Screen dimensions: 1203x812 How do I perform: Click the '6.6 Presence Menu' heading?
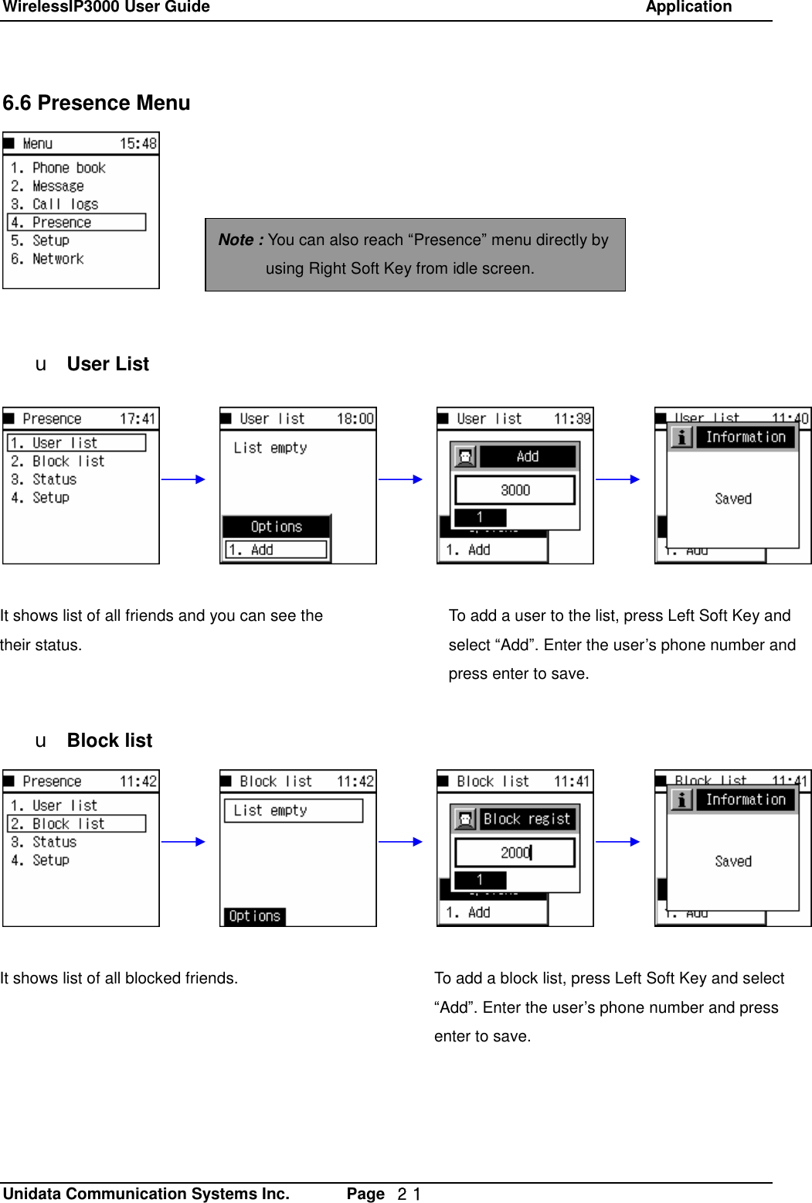pyautogui.click(x=97, y=103)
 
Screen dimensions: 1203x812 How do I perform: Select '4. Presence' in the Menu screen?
pyautogui.click(x=76, y=223)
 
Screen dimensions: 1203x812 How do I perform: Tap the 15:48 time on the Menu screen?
pyautogui.click(x=138, y=144)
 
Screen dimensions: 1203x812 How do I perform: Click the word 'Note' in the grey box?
pyautogui.click(x=236, y=240)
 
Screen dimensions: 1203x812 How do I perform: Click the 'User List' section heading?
pyautogui.click(x=107, y=364)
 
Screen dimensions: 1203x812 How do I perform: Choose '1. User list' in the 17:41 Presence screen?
pyautogui.click(x=76, y=443)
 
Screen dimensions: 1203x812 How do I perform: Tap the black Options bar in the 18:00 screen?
pyautogui.click(x=276, y=527)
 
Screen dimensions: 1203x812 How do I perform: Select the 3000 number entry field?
pyautogui.click(x=515, y=490)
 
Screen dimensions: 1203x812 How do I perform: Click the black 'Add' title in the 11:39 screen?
pyautogui.click(x=528, y=457)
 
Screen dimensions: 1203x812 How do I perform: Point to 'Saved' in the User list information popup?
pyautogui.click(x=733, y=499)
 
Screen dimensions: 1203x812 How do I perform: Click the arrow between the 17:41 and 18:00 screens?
pyautogui.click(x=183, y=479)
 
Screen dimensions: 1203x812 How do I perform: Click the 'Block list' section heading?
pyautogui.click(x=110, y=741)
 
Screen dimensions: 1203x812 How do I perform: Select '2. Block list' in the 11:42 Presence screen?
pyautogui.click(x=76, y=824)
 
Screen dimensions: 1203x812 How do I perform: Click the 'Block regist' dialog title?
pyautogui.click(x=527, y=820)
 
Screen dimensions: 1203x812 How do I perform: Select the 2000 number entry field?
pyautogui.click(x=515, y=853)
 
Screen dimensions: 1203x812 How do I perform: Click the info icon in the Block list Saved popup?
pyautogui.click(x=681, y=800)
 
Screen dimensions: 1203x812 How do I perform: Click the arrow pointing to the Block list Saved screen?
pyautogui.click(x=618, y=842)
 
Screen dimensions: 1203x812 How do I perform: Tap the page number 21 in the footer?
pyautogui.click(x=409, y=1194)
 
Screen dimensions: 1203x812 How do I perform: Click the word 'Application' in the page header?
pyautogui.click(x=688, y=8)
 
